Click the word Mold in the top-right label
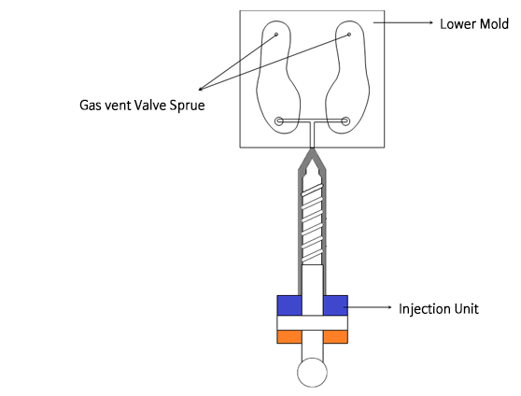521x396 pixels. tap(494, 24)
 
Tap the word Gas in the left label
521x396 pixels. tap(89, 105)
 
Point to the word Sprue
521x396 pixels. tap(187, 106)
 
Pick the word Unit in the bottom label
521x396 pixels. tap(467, 308)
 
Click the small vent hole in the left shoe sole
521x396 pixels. tap(276, 35)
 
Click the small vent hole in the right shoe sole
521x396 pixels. tap(349, 35)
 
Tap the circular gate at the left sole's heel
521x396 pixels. tap(279, 121)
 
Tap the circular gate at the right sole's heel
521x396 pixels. tap(345, 121)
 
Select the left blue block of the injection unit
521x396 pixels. tap(289, 305)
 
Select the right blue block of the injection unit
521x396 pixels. tap(335, 305)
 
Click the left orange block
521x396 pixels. tap(289, 337)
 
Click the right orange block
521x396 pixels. tap(335, 337)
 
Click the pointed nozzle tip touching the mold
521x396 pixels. tap(312, 148)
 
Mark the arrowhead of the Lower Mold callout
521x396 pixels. tap(431, 22)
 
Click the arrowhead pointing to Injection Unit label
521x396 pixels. tap(389, 307)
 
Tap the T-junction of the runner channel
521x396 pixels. tap(312, 121)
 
